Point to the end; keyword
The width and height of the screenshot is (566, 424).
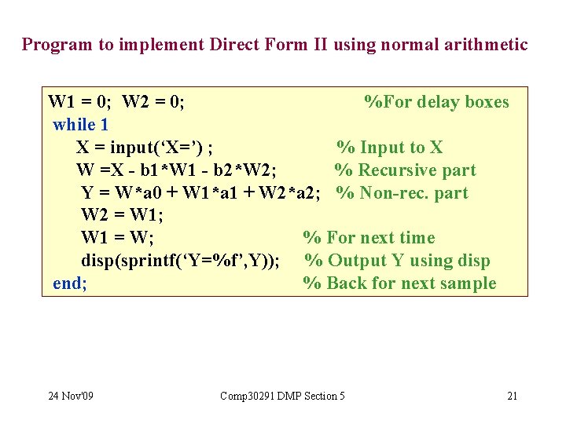(69, 283)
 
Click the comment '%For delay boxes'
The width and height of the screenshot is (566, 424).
(436, 102)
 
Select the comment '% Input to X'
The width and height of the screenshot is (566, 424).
(390, 148)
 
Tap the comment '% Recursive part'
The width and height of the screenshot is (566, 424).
(405, 170)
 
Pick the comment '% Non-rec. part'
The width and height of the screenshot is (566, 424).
(402, 193)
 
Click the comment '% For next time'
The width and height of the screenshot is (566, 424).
(369, 238)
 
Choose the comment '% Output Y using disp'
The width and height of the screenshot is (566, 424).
(397, 261)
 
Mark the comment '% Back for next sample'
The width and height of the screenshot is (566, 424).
(399, 283)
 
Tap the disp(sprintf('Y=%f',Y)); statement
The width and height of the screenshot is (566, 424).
(180, 261)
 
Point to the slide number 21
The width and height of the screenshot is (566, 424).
(512, 396)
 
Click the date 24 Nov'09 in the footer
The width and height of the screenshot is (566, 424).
(70, 396)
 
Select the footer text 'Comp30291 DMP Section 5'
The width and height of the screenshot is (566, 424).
(282, 396)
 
